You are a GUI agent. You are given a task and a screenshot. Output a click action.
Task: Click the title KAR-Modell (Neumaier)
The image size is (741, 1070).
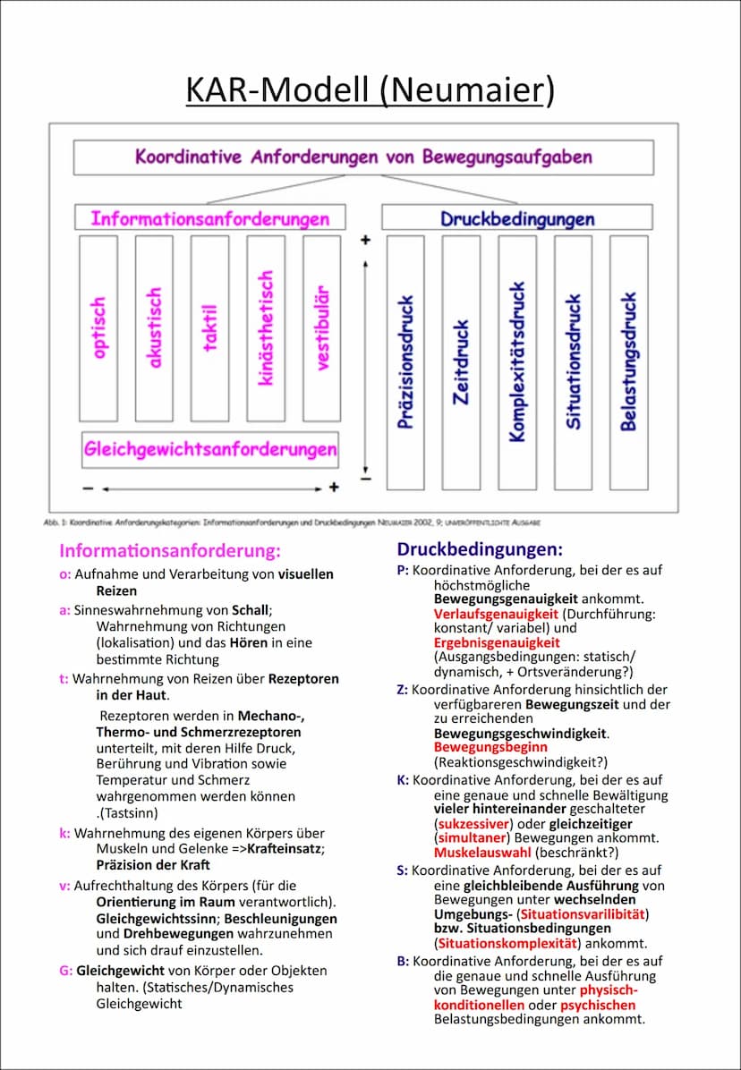tap(370, 90)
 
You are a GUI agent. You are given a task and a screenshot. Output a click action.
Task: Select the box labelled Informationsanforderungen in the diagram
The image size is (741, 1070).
tap(209, 218)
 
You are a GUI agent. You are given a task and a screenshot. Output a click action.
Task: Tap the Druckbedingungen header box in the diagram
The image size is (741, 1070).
tap(516, 218)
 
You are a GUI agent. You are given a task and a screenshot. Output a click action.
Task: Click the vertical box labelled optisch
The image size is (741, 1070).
tap(98, 328)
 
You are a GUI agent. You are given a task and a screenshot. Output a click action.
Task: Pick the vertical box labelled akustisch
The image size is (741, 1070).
tap(154, 328)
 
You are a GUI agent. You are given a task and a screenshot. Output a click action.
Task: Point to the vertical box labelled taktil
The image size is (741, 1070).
tap(210, 328)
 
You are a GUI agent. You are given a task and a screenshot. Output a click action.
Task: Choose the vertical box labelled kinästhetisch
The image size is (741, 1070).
tap(266, 328)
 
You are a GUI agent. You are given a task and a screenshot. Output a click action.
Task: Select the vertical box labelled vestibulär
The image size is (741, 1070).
tap(322, 328)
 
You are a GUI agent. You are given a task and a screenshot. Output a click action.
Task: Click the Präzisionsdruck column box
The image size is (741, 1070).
tap(405, 362)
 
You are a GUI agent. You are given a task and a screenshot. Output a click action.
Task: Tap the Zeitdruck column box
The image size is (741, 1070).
tap(461, 362)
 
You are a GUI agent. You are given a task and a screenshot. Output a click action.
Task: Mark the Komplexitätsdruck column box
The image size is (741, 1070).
tap(517, 362)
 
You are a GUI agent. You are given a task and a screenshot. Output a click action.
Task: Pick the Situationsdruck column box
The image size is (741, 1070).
tap(573, 362)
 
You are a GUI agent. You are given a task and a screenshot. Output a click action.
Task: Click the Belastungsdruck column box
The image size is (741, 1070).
tap(629, 362)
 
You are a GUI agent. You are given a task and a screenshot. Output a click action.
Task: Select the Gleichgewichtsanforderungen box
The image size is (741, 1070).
tap(210, 449)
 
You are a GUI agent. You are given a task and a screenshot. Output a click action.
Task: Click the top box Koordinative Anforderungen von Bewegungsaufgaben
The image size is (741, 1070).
tap(363, 157)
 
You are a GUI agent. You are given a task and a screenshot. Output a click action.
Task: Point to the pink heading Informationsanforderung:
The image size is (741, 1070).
tap(170, 550)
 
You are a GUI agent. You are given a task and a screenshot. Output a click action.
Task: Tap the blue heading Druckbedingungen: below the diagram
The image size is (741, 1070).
tap(480, 548)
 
